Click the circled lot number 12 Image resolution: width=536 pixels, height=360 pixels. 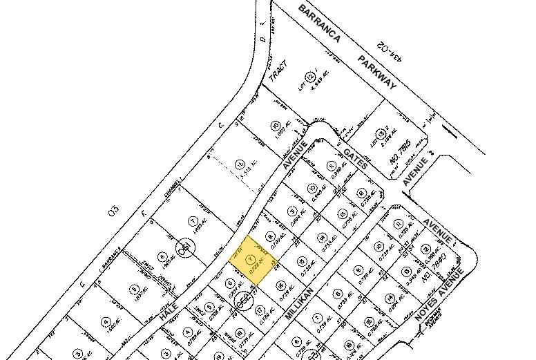coord(311,76)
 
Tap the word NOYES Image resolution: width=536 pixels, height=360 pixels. coord(432,309)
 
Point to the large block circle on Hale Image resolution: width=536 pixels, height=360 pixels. coord(184,247)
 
